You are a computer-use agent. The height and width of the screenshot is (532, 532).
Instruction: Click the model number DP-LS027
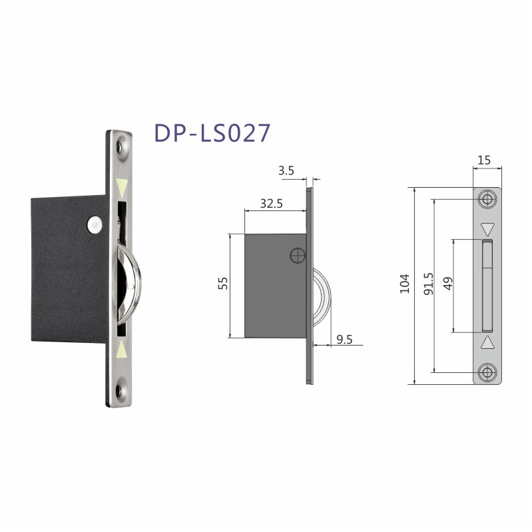[x=212, y=133]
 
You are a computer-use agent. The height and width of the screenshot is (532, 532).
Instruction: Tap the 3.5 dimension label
[x=286, y=171]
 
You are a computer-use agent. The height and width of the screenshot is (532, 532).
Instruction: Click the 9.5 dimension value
[x=344, y=340]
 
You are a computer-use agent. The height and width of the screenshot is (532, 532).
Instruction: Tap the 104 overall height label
[x=404, y=284]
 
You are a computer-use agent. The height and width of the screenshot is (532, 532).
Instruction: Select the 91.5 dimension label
[x=429, y=282]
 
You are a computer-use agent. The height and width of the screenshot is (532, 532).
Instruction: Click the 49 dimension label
[x=447, y=283]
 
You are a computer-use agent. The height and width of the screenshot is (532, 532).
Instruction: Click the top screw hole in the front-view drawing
[x=487, y=199]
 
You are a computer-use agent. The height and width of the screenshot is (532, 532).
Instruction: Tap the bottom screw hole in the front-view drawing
[x=487, y=372]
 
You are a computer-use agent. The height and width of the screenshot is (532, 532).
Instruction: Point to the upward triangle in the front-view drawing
[x=487, y=342]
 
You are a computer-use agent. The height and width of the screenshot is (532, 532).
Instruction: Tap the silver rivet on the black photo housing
[x=95, y=225]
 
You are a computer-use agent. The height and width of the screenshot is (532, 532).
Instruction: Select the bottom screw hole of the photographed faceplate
[x=121, y=389]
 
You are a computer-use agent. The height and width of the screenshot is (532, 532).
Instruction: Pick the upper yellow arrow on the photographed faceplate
[x=121, y=185]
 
